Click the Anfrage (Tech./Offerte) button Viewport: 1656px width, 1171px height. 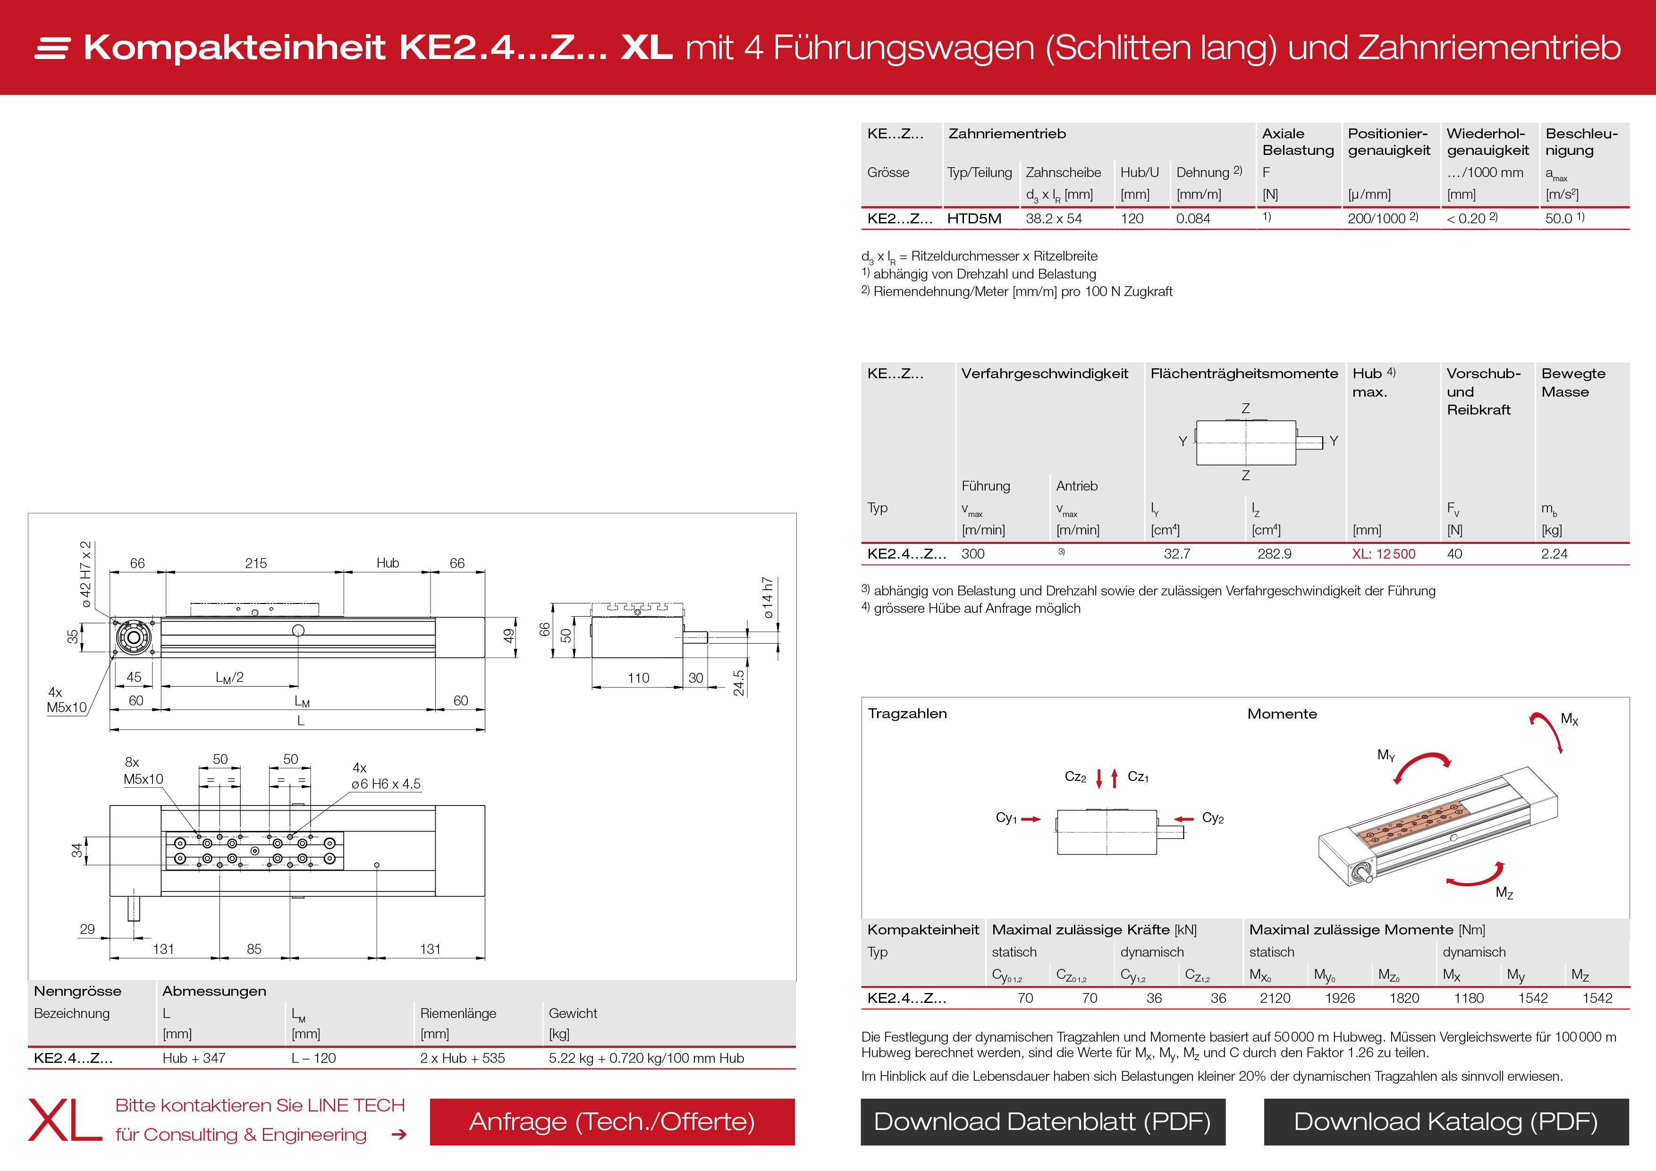pyautogui.click(x=612, y=1121)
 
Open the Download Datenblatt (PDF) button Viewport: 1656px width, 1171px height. pyautogui.click(x=1042, y=1121)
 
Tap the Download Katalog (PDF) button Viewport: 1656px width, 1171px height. pyautogui.click(x=1445, y=1121)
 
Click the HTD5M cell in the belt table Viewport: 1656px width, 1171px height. pyautogui.click(x=974, y=219)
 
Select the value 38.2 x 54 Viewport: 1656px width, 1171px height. pyautogui.click(x=1053, y=219)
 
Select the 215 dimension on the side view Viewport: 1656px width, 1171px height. pyautogui.click(x=255, y=563)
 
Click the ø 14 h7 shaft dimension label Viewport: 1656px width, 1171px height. pyautogui.click(x=768, y=597)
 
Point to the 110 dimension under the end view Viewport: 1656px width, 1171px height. pyautogui.click(x=638, y=678)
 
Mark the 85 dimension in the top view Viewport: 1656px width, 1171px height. pyautogui.click(x=254, y=949)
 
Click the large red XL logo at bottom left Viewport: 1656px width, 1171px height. pyautogui.click(x=65, y=1120)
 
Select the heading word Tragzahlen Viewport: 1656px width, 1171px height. pyautogui.click(x=907, y=713)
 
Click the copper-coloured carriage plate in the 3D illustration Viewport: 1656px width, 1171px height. pyautogui.click(x=1414, y=823)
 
